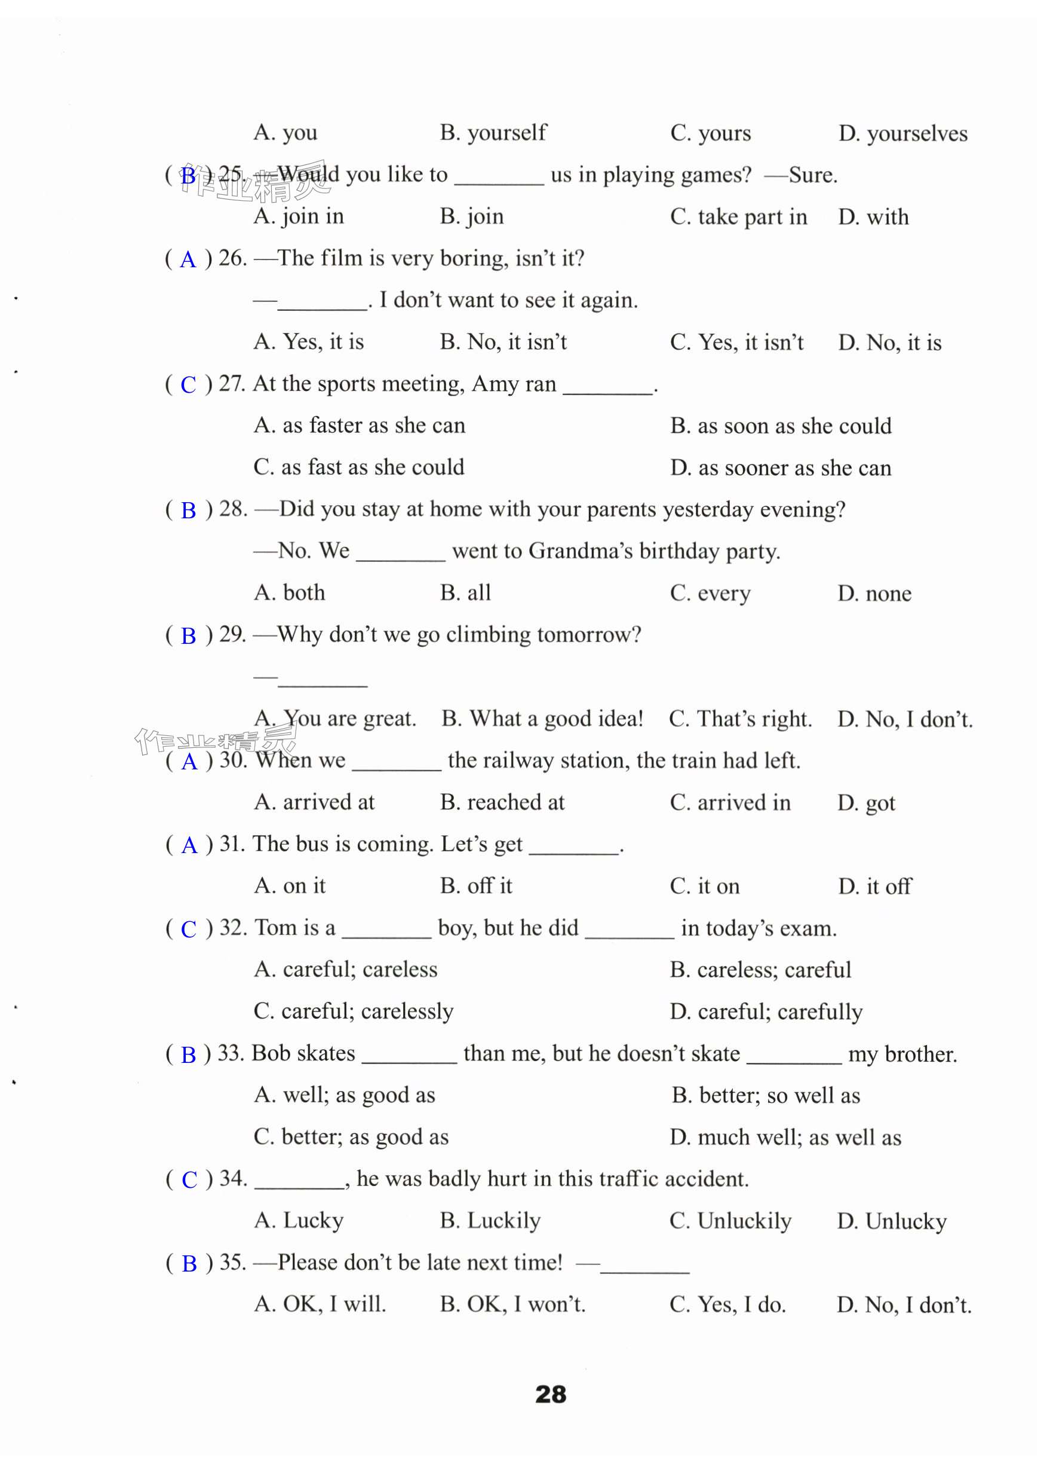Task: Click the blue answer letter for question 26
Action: [188, 259]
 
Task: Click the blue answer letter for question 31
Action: [189, 845]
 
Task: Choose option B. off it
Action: [476, 886]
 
